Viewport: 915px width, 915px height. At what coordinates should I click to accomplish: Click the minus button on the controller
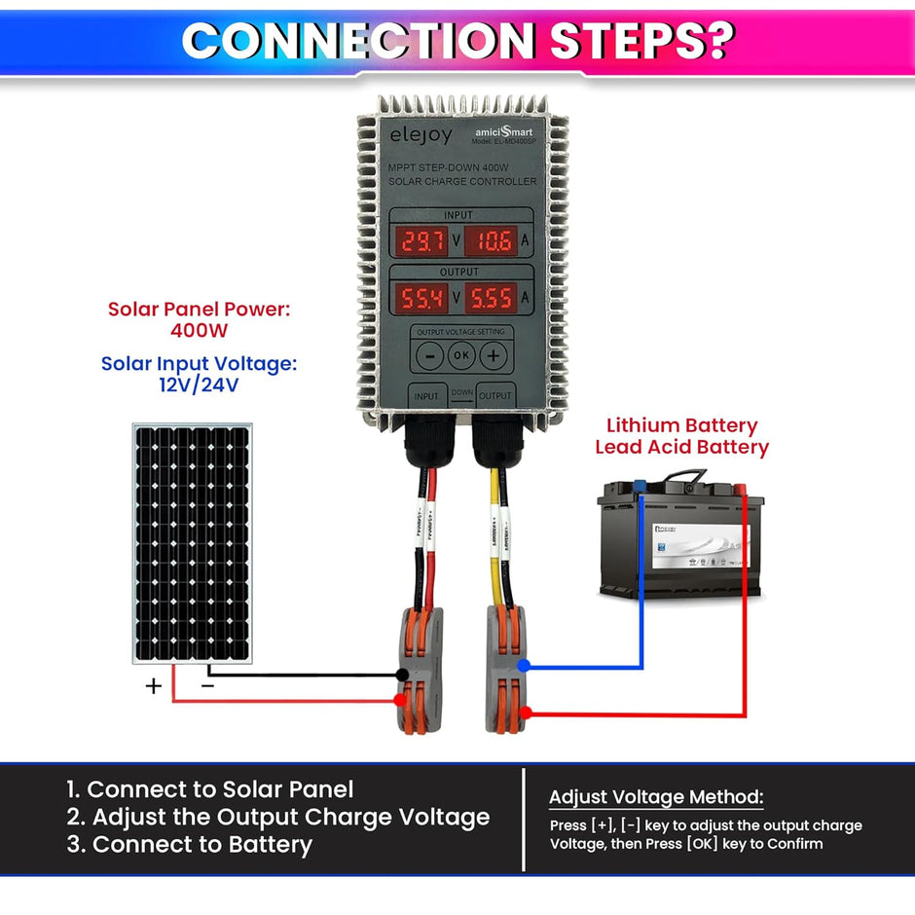pyautogui.click(x=429, y=355)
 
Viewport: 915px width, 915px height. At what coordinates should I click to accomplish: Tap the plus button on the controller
pyautogui.click(x=494, y=355)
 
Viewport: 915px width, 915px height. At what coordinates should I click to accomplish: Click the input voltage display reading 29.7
pyautogui.click(x=421, y=240)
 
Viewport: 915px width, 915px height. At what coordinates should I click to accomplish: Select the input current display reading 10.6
pyautogui.click(x=494, y=240)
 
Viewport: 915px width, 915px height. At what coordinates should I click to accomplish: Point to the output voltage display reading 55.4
pyautogui.click(x=421, y=297)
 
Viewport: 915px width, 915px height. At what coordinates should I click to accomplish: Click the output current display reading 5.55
pyautogui.click(x=494, y=297)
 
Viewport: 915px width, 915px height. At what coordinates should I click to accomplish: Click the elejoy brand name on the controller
pyautogui.click(x=421, y=135)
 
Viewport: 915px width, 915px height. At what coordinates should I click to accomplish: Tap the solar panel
pyautogui.click(x=193, y=542)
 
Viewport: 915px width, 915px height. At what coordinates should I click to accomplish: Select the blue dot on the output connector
pyautogui.click(x=524, y=666)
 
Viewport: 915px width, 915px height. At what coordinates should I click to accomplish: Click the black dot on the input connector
pyautogui.click(x=401, y=675)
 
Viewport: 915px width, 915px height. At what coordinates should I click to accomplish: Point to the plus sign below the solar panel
pyautogui.click(x=153, y=686)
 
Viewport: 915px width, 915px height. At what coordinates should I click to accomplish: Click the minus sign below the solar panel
pyautogui.click(x=207, y=685)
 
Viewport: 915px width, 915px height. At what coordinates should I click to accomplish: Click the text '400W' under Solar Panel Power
pyautogui.click(x=199, y=330)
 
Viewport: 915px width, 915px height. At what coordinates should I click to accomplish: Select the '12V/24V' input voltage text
pyautogui.click(x=199, y=384)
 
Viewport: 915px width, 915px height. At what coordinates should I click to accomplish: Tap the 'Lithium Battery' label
pyautogui.click(x=681, y=425)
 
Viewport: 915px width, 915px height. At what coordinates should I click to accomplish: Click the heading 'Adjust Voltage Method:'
pyautogui.click(x=656, y=797)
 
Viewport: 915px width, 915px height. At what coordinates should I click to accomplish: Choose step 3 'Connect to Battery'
pyautogui.click(x=190, y=844)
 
